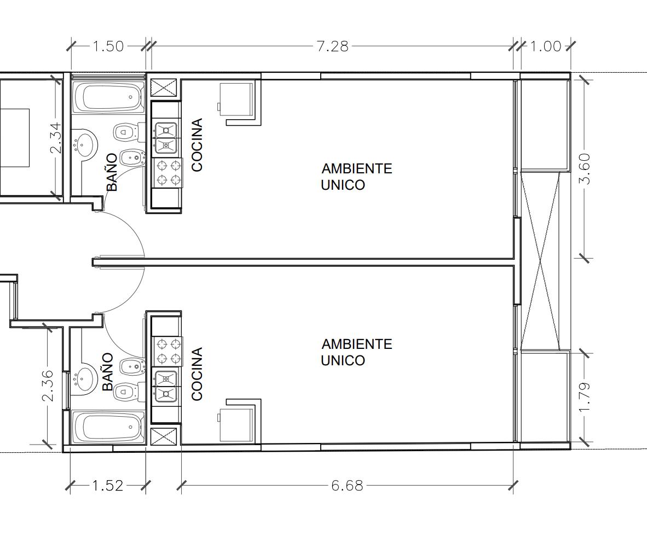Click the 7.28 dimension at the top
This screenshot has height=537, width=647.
tap(333, 46)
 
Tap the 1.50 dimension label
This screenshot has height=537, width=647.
tap(108, 46)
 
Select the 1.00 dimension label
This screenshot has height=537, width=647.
tap(546, 46)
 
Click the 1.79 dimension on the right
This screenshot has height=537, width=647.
tap(585, 398)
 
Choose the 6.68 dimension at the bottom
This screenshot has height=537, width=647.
tap(348, 486)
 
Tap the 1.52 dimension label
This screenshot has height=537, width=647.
tap(107, 486)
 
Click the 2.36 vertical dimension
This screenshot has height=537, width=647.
tap(48, 386)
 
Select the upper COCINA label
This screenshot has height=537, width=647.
tap(197, 145)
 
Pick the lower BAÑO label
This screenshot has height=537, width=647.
tap(107, 372)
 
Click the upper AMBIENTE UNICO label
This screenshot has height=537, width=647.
tap(356, 177)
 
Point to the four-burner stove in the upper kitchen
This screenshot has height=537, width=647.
tap(167, 173)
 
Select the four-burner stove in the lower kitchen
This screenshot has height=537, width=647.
tap(167, 351)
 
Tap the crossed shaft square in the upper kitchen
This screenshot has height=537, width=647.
tap(163, 89)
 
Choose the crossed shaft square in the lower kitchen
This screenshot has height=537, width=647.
tap(163, 436)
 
